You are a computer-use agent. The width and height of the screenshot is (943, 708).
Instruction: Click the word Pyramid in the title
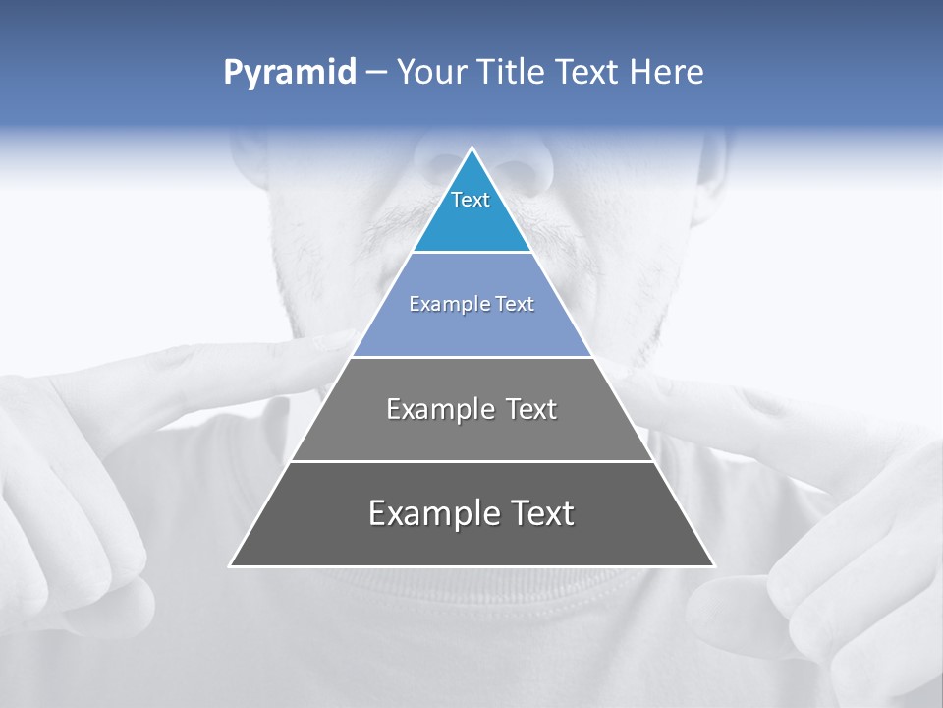pos(290,73)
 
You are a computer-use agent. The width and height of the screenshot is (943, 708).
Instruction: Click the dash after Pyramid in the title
pos(376,73)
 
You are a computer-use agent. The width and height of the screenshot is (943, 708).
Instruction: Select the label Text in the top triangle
pos(471,200)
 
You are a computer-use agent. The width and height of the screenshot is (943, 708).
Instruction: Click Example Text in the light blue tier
pos(471,304)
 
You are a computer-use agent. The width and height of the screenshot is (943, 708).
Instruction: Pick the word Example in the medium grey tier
pos(430,409)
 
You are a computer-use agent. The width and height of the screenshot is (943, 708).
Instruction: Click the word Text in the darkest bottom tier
pos(538,513)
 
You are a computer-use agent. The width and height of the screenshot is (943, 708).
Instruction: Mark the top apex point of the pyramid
pos(472,148)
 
